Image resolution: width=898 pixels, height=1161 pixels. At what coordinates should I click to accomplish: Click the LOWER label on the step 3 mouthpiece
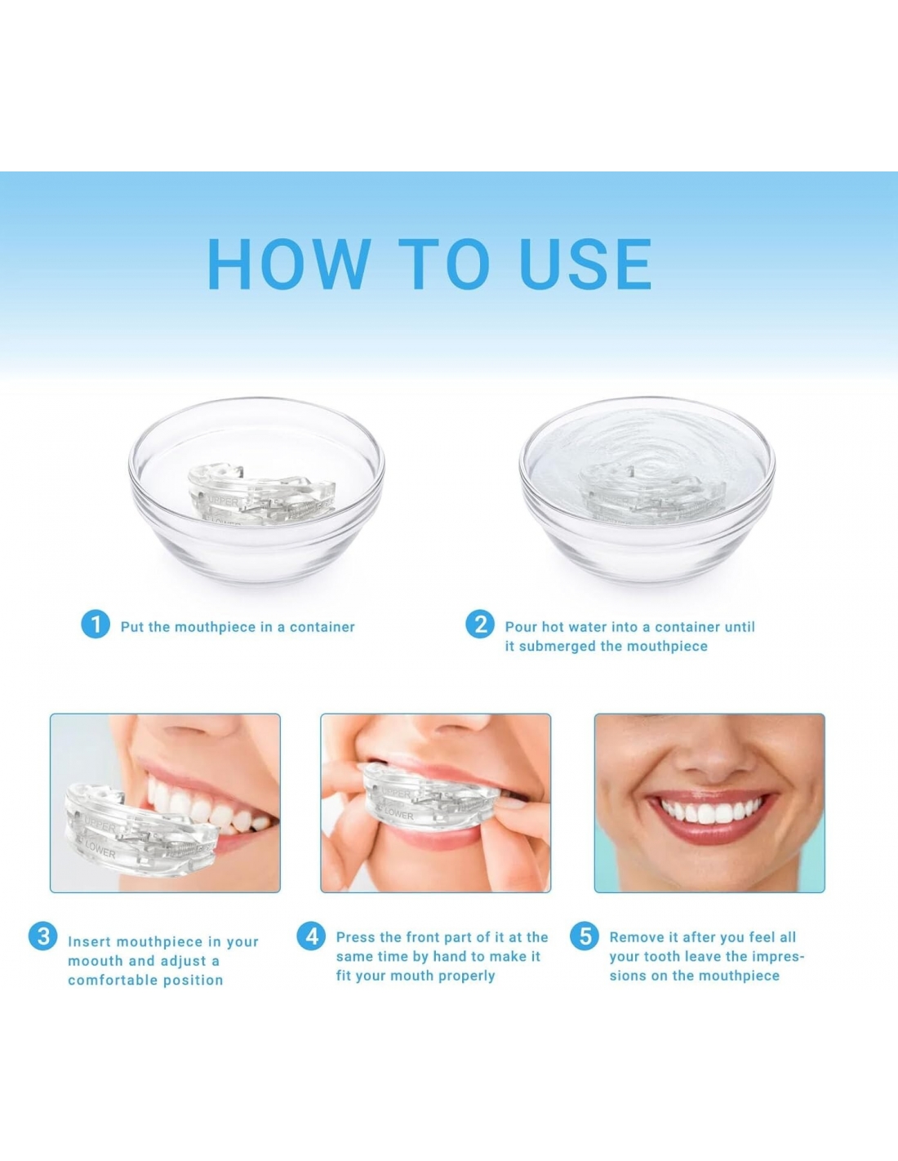(100, 850)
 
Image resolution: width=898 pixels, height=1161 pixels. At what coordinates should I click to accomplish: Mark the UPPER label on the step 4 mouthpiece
(395, 794)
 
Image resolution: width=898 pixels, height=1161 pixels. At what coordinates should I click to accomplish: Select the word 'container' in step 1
(322, 627)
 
